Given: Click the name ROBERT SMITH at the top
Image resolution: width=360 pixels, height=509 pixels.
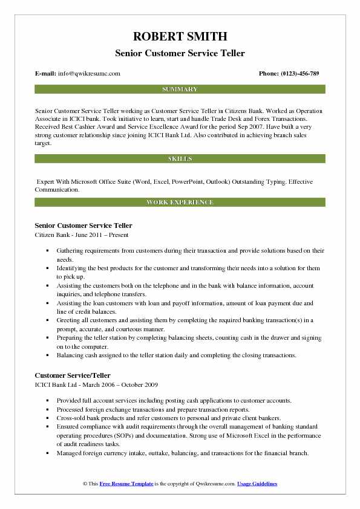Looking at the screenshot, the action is (180, 36).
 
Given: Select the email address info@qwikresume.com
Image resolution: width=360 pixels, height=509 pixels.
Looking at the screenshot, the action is (90, 73).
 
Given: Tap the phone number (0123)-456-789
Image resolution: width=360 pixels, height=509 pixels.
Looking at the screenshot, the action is (300, 73).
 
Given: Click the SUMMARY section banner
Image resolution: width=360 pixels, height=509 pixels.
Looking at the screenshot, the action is (180, 89).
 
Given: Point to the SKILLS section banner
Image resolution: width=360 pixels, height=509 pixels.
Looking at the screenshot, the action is (180, 158).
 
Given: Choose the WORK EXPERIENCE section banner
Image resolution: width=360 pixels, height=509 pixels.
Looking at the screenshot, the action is (180, 202).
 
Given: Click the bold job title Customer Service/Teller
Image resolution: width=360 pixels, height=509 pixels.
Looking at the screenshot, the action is (73, 375).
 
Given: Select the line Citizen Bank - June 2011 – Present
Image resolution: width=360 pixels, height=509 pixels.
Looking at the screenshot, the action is (82, 235).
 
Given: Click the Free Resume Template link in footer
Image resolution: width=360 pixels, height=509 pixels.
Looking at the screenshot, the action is (126, 484).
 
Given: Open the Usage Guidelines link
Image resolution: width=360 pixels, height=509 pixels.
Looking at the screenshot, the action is (257, 484).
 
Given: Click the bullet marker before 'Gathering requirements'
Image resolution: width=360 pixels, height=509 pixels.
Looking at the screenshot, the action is (47, 250).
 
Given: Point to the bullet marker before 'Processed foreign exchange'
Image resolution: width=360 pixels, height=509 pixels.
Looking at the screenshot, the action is (47, 409).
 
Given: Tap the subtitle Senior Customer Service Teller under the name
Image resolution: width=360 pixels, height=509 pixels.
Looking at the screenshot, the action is (180, 53).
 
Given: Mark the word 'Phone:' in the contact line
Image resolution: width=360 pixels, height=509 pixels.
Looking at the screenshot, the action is (270, 73).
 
